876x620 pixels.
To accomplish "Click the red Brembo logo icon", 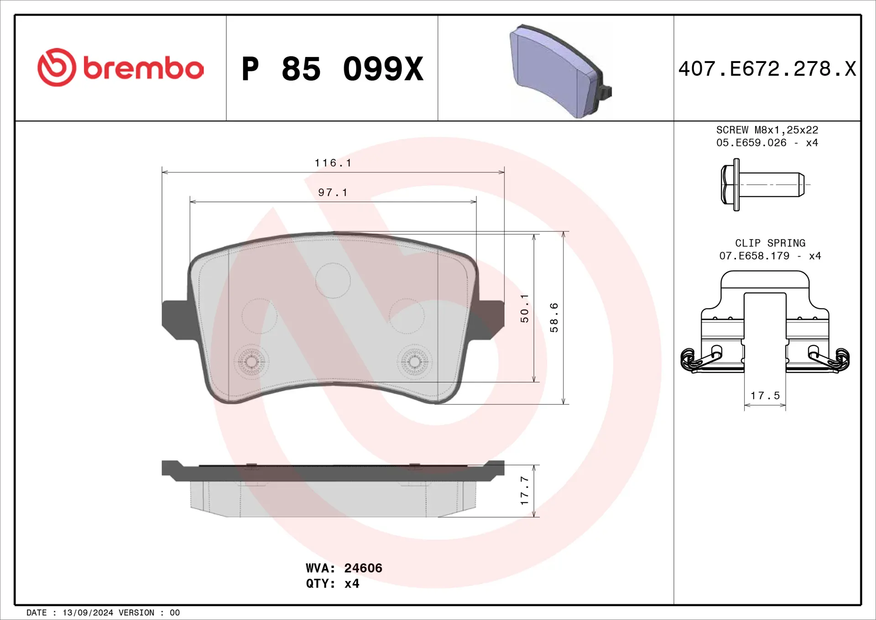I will [x=57, y=67].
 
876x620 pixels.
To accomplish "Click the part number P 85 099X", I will [x=332, y=69].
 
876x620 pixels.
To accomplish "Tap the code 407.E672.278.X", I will [x=767, y=69].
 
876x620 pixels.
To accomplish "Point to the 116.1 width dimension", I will [x=333, y=163].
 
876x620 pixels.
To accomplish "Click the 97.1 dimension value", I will [x=333, y=193].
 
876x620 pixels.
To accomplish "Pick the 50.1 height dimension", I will [x=525, y=309].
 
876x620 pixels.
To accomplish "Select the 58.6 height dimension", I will [x=554, y=317].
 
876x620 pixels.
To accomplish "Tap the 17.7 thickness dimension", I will [x=525, y=490].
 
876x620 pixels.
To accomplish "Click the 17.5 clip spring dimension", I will [x=765, y=395].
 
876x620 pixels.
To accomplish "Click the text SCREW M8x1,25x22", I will [x=767, y=130].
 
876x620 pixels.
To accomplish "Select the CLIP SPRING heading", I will [x=770, y=243].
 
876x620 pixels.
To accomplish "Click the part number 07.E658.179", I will [x=754, y=256].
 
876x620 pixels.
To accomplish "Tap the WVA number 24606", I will [x=363, y=568].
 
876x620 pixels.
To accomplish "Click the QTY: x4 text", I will [x=333, y=583].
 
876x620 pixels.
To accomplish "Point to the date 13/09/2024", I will [x=88, y=613].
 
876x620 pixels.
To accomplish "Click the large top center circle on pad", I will [x=333, y=280].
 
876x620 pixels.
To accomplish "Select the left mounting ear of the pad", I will [x=176, y=320].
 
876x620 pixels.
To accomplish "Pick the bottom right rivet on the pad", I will [x=414, y=362].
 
